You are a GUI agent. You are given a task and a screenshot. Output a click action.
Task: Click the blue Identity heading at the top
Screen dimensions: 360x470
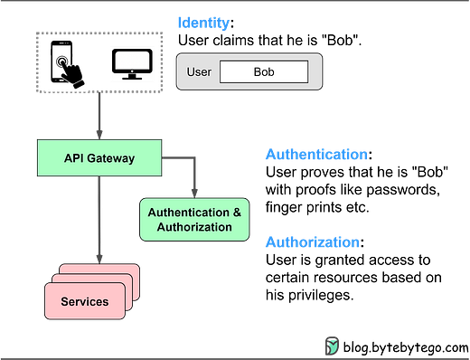[x=202, y=23]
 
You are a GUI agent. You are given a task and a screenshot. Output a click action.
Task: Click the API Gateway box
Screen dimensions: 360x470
[x=99, y=157]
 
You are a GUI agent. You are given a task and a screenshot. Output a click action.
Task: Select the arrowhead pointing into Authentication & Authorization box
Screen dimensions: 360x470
[x=193, y=191]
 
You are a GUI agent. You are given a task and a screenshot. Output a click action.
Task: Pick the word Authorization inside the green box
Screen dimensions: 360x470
[x=194, y=227]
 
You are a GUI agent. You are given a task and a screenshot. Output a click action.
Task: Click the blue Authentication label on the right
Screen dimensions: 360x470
[x=315, y=155]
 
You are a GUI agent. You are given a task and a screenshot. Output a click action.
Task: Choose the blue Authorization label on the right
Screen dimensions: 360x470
[x=312, y=242]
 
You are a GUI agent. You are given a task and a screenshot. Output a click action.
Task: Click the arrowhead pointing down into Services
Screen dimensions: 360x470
[x=99, y=257]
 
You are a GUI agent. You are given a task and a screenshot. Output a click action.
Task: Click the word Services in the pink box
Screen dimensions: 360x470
[x=84, y=301]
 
